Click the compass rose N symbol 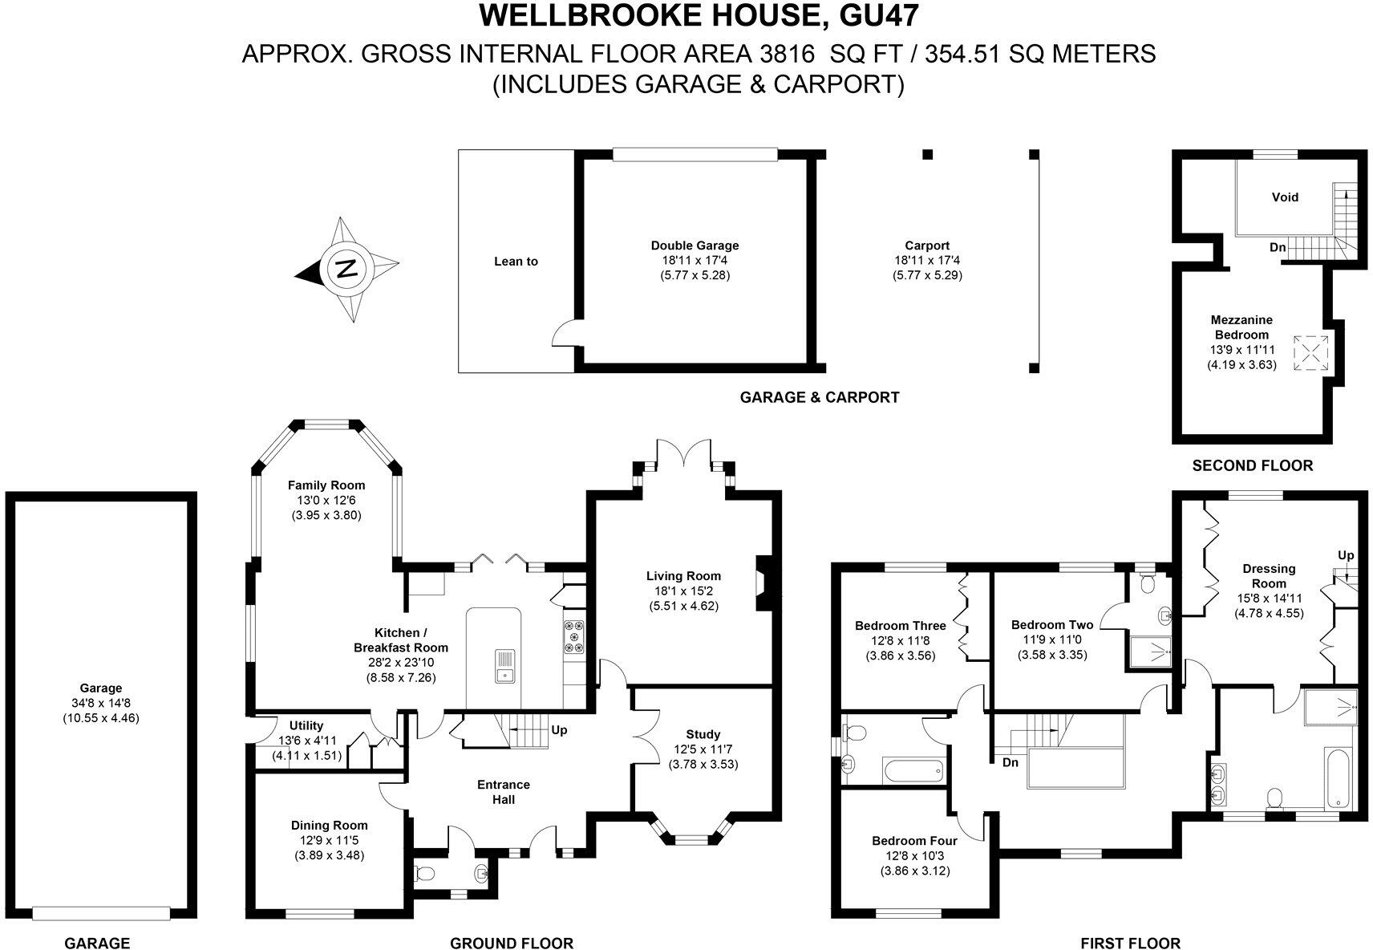point(346,269)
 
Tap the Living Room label point(683,576)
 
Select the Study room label point(703,734)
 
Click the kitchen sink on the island point(505,663)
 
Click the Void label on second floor point(1285,197)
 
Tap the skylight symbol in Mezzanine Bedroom point(1310,352)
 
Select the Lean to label point(516,262)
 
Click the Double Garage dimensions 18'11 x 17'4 point(695,261)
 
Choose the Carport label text point(927,246)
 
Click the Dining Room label point(329,826)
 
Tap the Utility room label point(306,726)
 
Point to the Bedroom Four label point(914,841)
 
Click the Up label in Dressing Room point(1345,555)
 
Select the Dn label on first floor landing point(1010,762)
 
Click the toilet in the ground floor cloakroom point(426,873)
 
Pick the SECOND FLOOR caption point(1252,465)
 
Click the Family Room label point(326,485)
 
